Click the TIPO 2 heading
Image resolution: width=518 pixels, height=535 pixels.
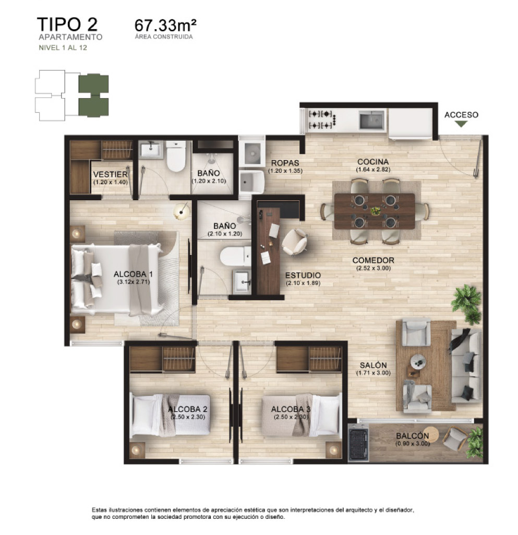tap(67, 25)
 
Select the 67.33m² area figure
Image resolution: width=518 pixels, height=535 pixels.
tap(165, 25)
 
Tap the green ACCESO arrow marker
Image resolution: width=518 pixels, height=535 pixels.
tap(461, 124)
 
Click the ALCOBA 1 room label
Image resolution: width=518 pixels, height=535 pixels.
tap(133, 274)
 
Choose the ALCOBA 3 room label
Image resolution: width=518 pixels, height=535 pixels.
tap(291, 409)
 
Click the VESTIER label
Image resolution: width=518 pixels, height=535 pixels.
tap(110, 174)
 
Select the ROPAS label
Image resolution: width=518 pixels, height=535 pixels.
tap(284, 162)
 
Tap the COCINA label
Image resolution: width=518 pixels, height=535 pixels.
tap(372, 162)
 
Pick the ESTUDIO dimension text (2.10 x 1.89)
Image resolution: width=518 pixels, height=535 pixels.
tap(303, 283)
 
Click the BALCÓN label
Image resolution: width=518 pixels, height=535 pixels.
tap(412, 436)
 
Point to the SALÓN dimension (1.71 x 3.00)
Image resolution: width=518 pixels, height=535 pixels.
tap(373, 373)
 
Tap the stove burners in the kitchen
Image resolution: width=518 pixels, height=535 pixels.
tap(319, 119)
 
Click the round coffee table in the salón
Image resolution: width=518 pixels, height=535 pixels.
tap(417, 360)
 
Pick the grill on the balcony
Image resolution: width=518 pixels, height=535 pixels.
tap(358, 443)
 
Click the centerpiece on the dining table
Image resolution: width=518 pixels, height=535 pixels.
tap(375, 211)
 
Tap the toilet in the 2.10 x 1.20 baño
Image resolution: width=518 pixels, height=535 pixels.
tap(235, 256)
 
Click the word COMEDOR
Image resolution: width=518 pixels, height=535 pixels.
tap(373, 260)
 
